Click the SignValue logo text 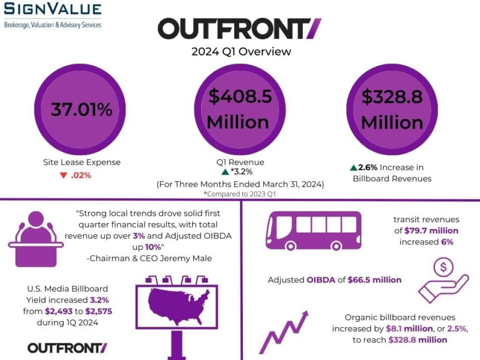[53, 9]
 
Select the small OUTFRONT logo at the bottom [67, 348]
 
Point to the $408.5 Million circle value [240, 109]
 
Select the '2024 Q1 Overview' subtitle [241, 52]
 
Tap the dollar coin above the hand [444, 268]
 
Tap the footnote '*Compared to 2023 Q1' [241, 194]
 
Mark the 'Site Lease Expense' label [81, 162]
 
